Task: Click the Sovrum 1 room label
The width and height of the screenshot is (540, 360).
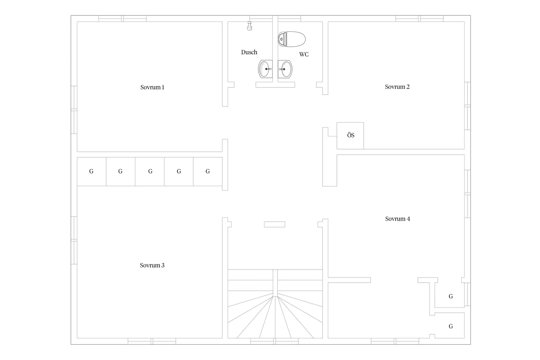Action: tap(153, 87)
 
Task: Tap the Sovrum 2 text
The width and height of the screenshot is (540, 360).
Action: tap(397, 87)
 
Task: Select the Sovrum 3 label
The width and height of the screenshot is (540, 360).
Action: tap(152, 265)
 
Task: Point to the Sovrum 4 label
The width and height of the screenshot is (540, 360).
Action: tap(397, 219)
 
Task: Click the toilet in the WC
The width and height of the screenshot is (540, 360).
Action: tap(292, 39)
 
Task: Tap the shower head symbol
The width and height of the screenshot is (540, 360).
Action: tap(249, 26)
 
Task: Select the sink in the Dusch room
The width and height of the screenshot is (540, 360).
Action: tap(265, 69)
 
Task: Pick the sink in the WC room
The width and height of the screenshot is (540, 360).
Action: tap(285, 69)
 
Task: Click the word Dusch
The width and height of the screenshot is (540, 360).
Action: tap(249, 52)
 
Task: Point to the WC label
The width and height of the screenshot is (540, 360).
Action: tap(304, 55)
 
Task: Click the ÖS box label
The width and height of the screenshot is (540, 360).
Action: tap(351, 135)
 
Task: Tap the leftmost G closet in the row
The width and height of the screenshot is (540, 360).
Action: tap(92, 171)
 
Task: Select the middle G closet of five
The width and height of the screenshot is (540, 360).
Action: tap(150, 171)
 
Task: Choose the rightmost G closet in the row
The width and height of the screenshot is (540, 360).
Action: tap(208, 171)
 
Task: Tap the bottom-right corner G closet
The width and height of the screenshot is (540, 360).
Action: tap(450, 326)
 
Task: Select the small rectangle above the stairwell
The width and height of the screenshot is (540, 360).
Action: tap(275, 225)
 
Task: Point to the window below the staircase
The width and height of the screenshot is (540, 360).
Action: tap(275, 341)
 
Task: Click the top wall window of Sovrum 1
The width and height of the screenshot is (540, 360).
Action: tap(122, 19)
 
